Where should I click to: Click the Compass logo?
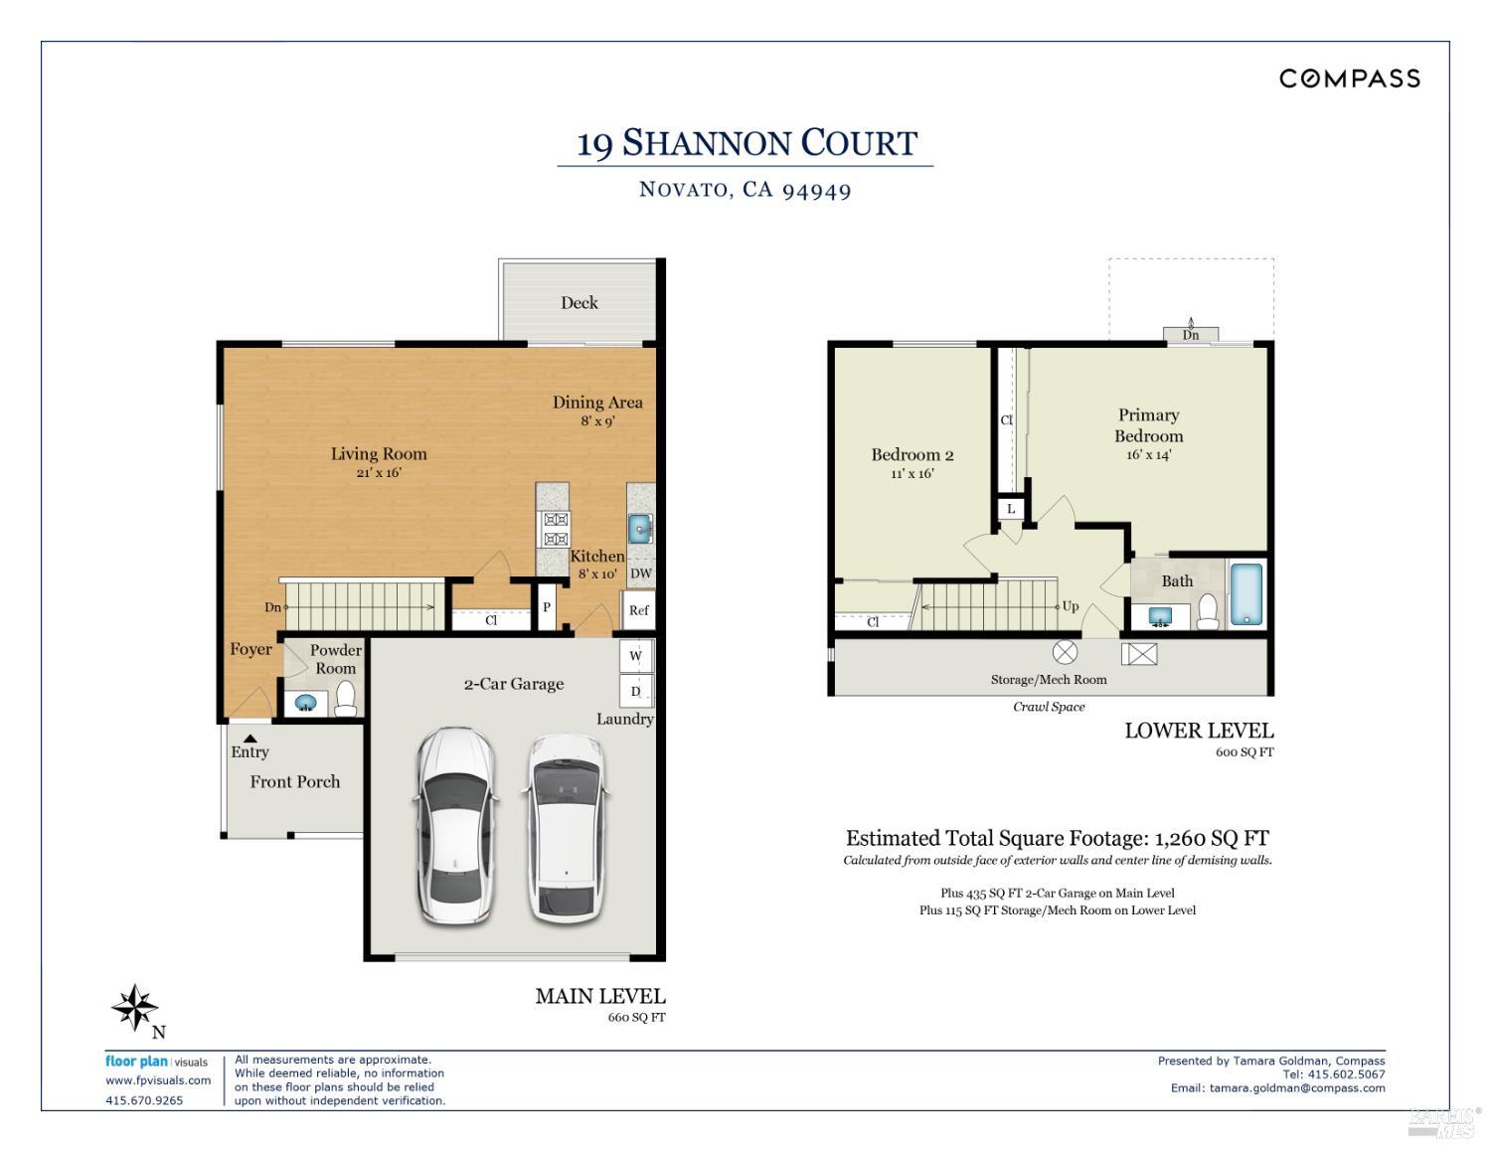point(1349,79)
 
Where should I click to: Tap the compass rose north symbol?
point(134,1009)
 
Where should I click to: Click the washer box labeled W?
point(636,656)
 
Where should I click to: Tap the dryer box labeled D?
point(636,691)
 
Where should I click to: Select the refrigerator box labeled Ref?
point(638,610)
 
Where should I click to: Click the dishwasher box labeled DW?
point(641,574)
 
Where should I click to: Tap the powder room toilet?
point(345,699)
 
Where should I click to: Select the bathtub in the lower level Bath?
point(1245,594)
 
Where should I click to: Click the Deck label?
point(580,303)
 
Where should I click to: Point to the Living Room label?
point(379,454)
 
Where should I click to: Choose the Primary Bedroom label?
point(1148,425)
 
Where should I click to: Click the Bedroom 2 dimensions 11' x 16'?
point(911,474)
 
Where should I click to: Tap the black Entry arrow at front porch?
point(250,738)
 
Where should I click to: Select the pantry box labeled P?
point(546,608)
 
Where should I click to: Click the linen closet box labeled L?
point(1011,509)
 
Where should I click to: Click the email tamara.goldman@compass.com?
point(1296,1087)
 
